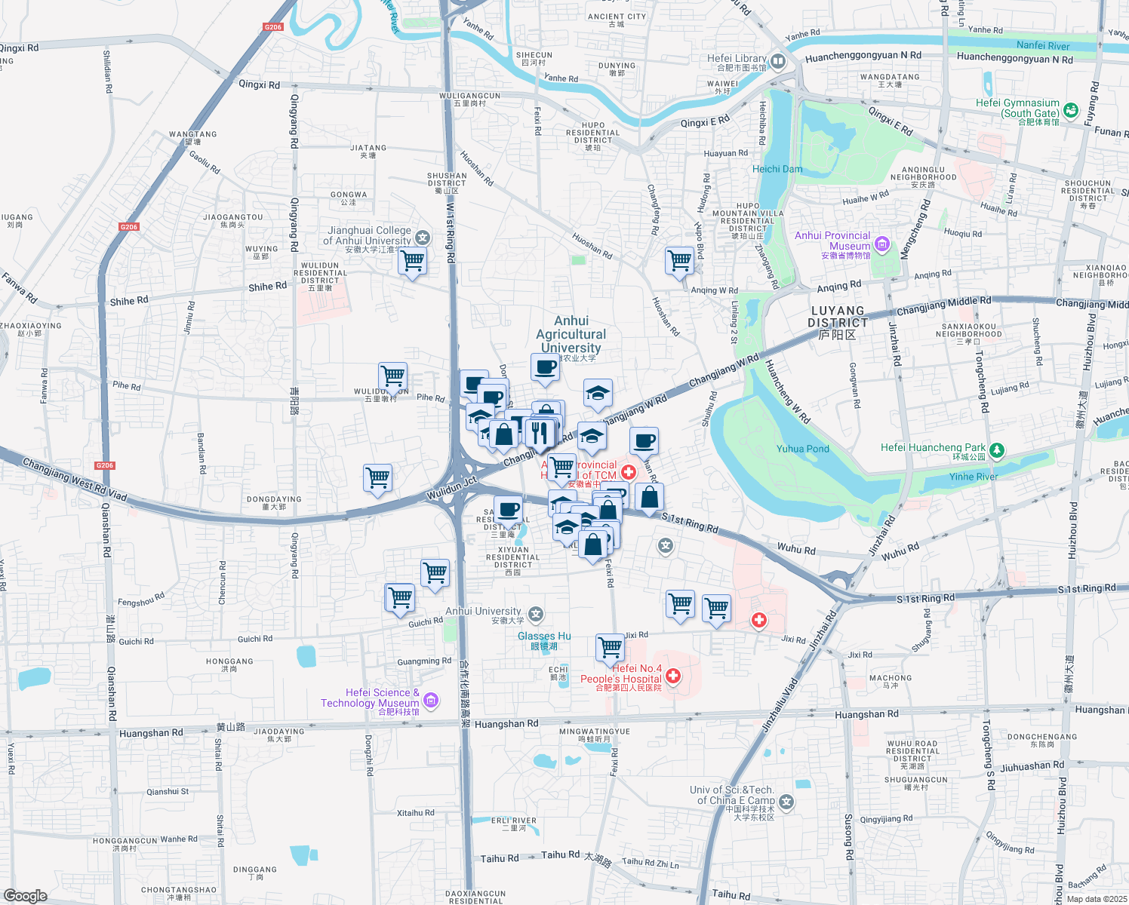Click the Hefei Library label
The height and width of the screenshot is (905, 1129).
point(737,58)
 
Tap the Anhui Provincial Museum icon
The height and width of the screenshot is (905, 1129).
point(882,244)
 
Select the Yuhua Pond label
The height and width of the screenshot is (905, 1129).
point(802,449)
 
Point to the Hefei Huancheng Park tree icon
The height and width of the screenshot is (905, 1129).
point(997,450)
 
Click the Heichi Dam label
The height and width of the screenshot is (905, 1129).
point(777,169)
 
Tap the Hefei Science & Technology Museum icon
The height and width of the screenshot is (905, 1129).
point(431,701)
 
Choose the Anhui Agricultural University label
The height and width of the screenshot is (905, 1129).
point(571,334)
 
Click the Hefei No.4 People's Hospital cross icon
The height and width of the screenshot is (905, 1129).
point(672,676)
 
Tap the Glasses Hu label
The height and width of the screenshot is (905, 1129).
point(544,637)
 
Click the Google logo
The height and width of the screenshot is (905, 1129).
point(26,895)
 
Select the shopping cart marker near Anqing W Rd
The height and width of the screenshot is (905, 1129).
point(680,261)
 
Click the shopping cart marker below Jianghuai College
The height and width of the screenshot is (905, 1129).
point(412,262)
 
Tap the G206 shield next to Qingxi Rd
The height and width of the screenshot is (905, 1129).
point(273,27)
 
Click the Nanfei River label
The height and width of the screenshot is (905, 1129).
point(1043,46)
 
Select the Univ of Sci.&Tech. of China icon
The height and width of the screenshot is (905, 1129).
point(787,802)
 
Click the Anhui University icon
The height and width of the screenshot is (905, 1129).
point(536,615)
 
